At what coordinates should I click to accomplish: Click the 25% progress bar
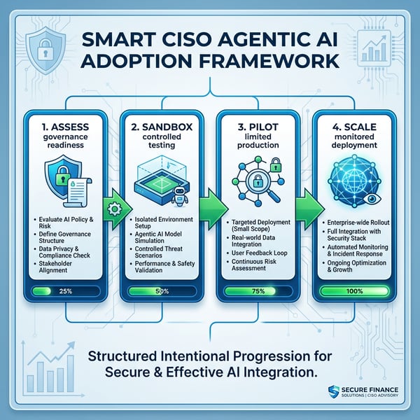pyautogui.click(x=64, y=289)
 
